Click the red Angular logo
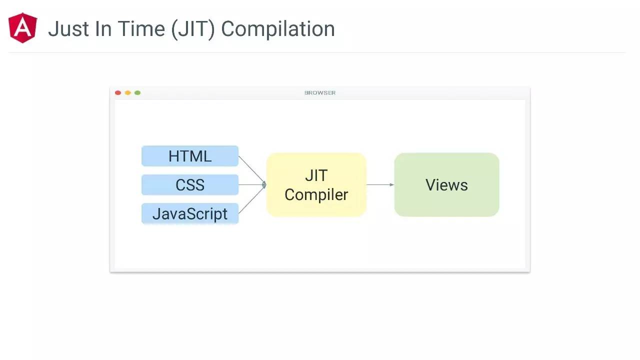click(x=23, y=28)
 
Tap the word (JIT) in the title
click(x=192, y=29)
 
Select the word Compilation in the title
click(x=278, y=29)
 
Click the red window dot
click(x=118, y=92)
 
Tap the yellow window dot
click(x=127, y=92)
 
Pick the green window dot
click(x=137, y=92)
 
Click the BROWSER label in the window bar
click(x=320, y=92)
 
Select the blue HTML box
click(x=190, y=156)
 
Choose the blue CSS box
click(x=190, y=185)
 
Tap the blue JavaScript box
click(x=190, y=213)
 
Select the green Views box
click(x=446, y=185)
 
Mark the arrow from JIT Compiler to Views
click(x=380, y=185)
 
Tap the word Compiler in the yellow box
click(x=316, y=194)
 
